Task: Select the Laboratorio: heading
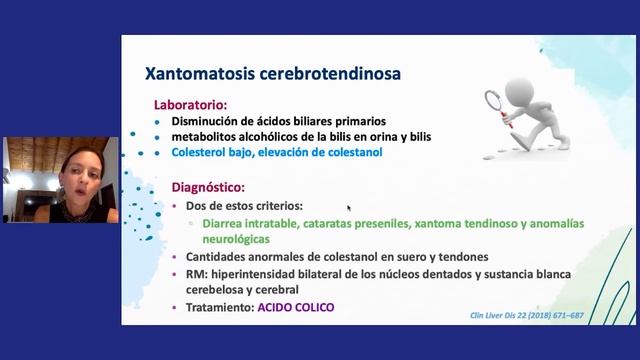coord(190,104)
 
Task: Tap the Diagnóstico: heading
coord(208,186)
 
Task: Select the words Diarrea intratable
coord(247,223)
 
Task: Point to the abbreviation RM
coord(193,274)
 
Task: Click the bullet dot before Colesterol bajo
coord(159,152)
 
